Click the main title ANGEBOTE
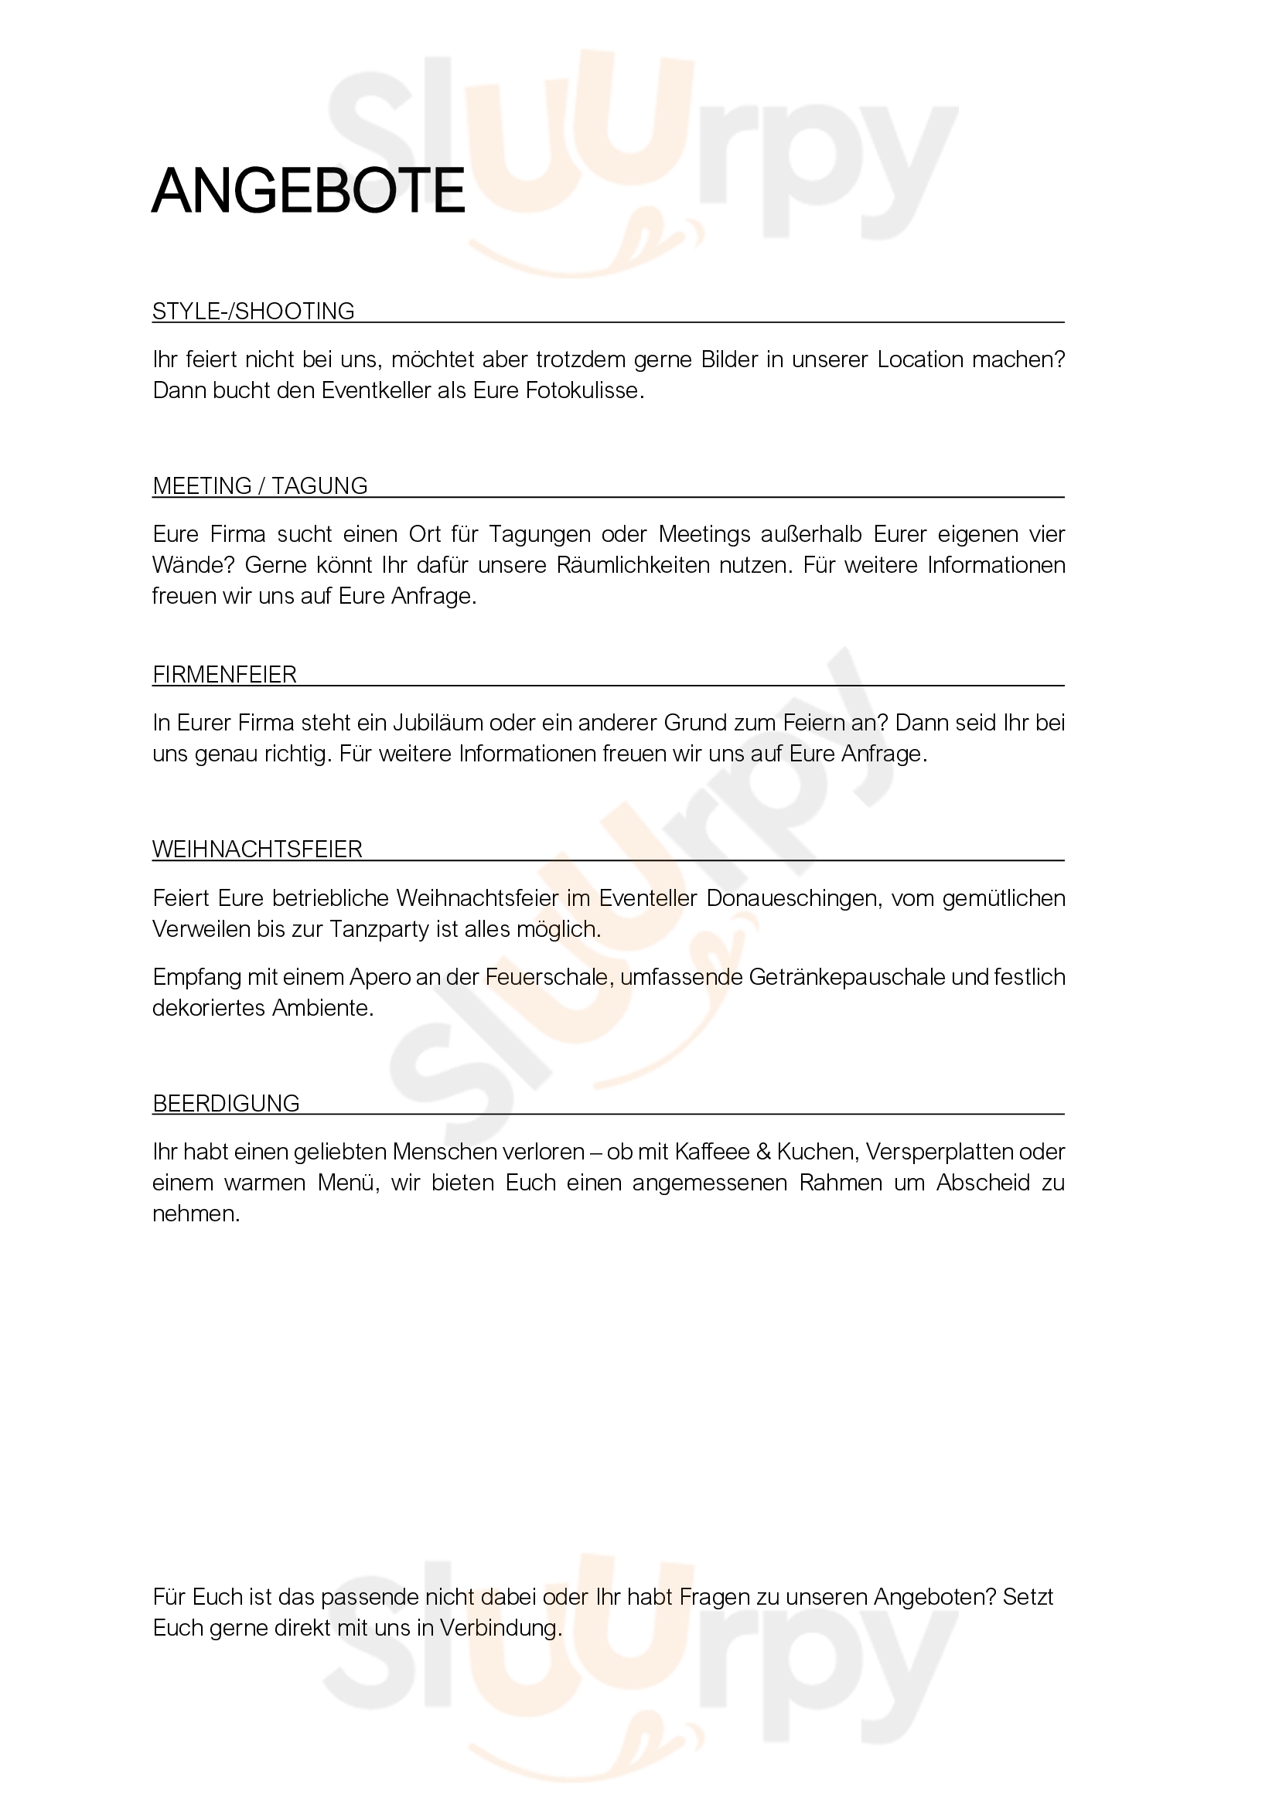coord(308,191)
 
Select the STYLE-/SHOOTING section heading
coord(253,311)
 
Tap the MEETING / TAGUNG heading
coord(260,486)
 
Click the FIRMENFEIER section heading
coord(224,675)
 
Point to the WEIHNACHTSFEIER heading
coord(257,850)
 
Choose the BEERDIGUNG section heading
coord(226,1103)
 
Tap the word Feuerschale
coord(547,977)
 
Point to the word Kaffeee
coord(712,1152)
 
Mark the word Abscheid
coord(982,1183)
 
